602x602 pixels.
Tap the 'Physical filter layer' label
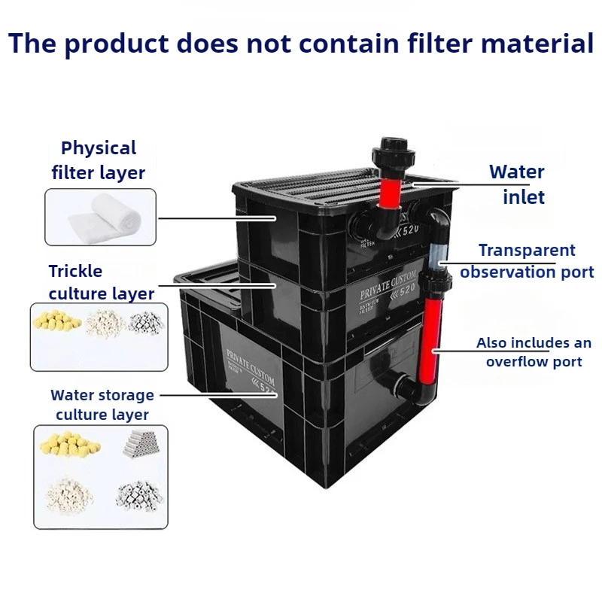coord(99,160)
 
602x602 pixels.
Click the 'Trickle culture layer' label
coord(101,282)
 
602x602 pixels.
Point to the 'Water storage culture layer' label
coord(102,405)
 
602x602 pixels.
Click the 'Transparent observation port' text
coord(527,261)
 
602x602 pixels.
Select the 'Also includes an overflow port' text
coord(533,352)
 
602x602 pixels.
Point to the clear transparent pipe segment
coord(435,256)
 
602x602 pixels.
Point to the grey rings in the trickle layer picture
coord(144,324)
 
